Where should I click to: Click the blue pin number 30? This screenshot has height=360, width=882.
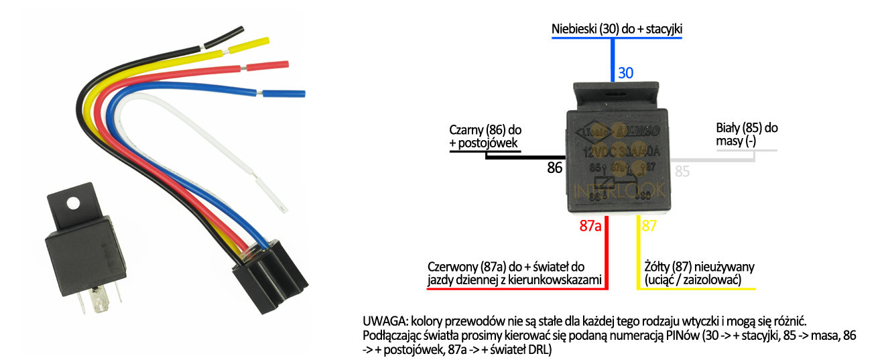625,72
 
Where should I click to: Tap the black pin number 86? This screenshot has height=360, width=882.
554,168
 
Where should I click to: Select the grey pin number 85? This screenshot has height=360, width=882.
682,172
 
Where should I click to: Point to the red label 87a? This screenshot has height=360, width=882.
589,225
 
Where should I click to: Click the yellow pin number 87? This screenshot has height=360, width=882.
650,225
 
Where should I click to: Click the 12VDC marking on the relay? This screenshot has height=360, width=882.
600,152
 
